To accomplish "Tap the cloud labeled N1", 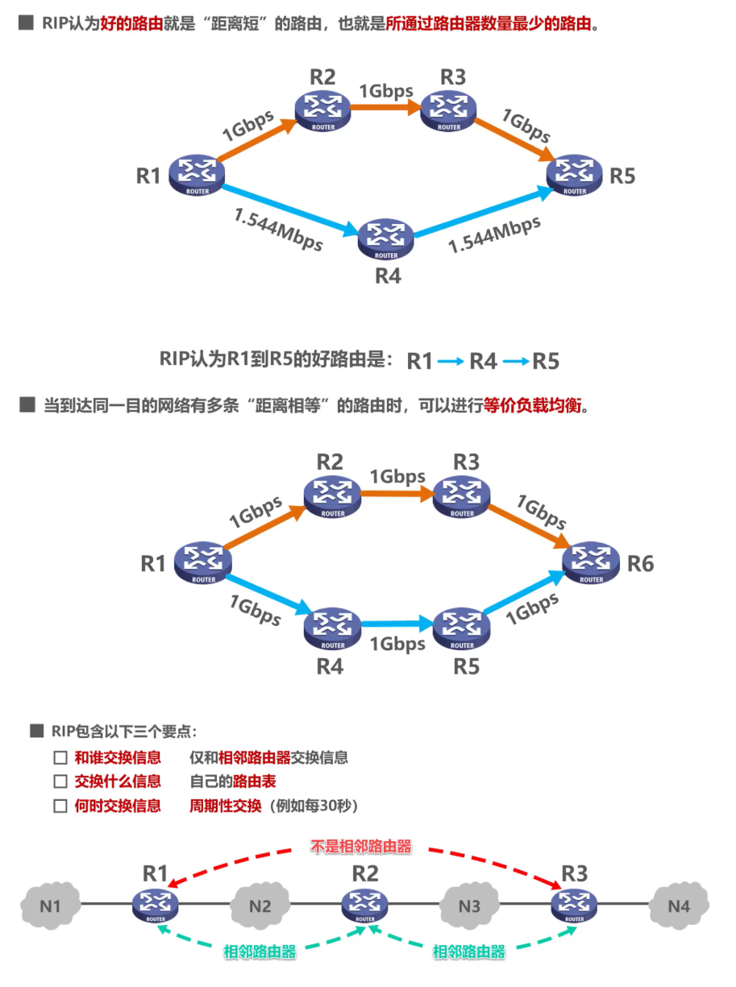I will (50, 906).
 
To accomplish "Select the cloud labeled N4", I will (679, 906).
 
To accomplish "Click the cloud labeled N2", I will (260, 906).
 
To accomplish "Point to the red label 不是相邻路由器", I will (361, 847).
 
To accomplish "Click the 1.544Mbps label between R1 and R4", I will (278, 230).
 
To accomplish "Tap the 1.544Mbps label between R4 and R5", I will (494, 234).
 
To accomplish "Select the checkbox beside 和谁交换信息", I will (60, 758).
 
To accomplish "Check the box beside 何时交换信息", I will (60, 806).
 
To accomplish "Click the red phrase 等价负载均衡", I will (531, 406).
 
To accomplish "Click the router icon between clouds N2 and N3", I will (364, 905).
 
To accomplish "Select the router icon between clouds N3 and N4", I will (574, 905).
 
